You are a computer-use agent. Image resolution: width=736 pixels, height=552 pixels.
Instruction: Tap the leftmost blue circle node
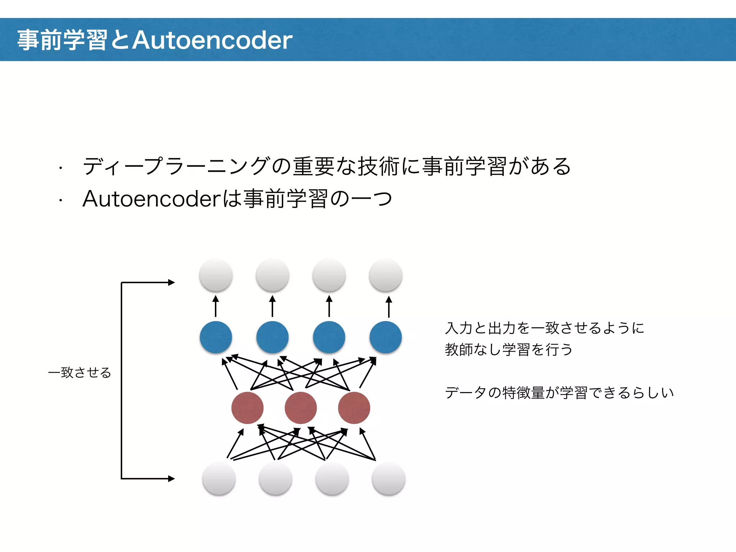216,337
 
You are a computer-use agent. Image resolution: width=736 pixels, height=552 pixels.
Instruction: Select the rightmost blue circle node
386,337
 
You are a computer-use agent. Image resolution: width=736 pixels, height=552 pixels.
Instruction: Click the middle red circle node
301,408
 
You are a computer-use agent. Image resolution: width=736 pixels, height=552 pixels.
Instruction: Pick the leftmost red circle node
247,408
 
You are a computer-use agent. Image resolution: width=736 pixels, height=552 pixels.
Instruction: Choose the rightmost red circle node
354,408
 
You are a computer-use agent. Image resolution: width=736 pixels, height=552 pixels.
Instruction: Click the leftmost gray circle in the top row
216,275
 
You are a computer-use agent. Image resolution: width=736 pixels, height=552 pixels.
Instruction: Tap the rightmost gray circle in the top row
386,275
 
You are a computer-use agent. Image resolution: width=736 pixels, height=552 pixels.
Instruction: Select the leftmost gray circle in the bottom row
219,479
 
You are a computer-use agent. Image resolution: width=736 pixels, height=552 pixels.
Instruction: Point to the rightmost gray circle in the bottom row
388,479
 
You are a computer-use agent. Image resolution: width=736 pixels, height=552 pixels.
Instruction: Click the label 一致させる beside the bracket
79,373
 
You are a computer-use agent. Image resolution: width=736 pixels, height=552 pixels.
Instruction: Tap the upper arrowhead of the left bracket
171,282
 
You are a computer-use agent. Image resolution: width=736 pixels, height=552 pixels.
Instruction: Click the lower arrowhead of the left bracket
171,479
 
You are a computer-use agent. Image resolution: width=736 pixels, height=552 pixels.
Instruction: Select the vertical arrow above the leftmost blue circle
216,306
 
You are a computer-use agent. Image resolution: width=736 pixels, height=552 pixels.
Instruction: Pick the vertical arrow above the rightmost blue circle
388,306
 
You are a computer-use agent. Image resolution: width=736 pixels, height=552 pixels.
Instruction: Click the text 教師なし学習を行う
509,350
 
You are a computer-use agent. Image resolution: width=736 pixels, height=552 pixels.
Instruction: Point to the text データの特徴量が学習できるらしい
559,393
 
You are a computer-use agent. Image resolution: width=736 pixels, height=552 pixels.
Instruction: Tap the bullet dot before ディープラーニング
61,168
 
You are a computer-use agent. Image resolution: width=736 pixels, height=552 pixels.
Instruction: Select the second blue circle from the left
272,337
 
